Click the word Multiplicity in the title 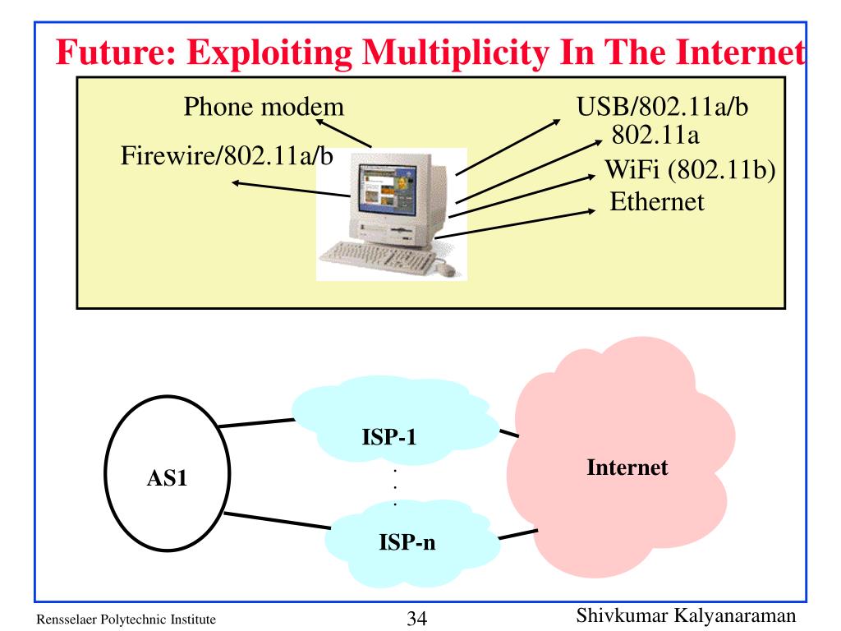tap(456, 53)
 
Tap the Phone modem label tap(264, 106)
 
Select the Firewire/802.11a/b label tap(227, 155)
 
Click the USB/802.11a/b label tap(662, 106)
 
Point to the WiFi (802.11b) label tap(690, 170)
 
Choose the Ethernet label tap(656, 202)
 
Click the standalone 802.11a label tap(655, 135)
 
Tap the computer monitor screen tap(387, 189)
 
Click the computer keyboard tap(378, 257)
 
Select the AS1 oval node tap(168, 473)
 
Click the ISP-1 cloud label tap(388, 437)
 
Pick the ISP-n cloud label tap(407, 542)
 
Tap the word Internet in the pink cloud tap(627, 467)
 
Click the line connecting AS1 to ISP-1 tap(256, 423)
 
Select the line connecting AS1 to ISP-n tap(278, 520)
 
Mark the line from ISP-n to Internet tap(518, 534)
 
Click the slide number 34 tap(416, 618)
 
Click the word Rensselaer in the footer tap(67, 619)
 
